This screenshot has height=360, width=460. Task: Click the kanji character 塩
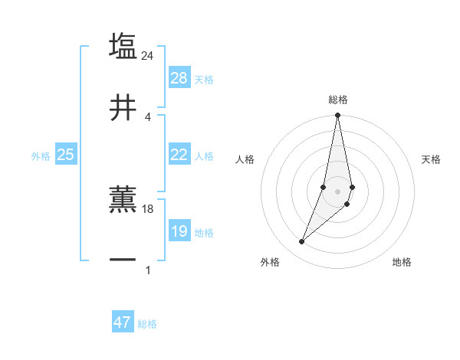pyautogui.click(x=123, y=46)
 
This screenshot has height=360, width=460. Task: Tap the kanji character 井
pyautogui.click(x=123, y=109)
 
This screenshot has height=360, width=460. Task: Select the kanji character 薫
pyautogui.click(x=123, y=201)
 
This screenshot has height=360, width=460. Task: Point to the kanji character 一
pyautogui.click(x=123, y=262)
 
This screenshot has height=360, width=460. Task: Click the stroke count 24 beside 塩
pyautogui.click(x=148, y=55)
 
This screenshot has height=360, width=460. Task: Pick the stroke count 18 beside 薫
pyautogui.click(x=148, y=208)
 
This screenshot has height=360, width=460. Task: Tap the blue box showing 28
pyautogui.click(x=179, y=78)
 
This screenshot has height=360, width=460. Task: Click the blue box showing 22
pyautogui.click(x=179, y=155)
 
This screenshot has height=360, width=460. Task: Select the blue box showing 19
pyautogui.click(x=179, y=231)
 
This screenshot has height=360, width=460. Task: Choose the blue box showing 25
pyautogui.click(x=65, y=155)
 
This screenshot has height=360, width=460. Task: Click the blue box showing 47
pyautogui.click(x=123, y=322)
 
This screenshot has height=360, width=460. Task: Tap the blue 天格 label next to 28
pyautogui.click(x=204, y=80)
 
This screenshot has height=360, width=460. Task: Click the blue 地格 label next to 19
pyautogui.click(x=204, y=233)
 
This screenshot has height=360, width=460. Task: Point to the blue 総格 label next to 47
pyautogui.click(x=147, y=324)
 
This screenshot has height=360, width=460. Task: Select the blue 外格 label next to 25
pyautogui.click(x=41, y=156)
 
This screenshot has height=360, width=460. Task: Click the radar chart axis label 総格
pyautogui.click(x=337, y=100)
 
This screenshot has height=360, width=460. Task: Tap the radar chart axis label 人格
pyautogui.click(x=245, y=159)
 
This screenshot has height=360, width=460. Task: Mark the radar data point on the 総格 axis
pyautogui.click(x=337, y=116)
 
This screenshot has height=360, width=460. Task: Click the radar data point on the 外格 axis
pyautogui.click(x=301, y=242)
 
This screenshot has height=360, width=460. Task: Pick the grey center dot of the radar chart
pyautogui.click(x=337, y=191)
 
